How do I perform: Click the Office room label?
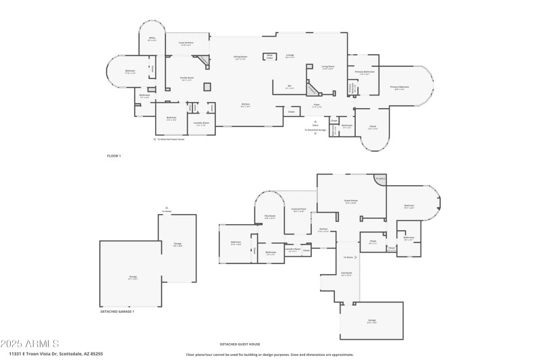152,38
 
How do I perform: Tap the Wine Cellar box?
269,57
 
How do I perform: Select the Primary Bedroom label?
399,88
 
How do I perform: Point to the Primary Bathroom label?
365,72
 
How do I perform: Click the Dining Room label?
240,58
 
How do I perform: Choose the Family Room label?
186,78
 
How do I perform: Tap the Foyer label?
317,105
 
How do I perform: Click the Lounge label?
290,57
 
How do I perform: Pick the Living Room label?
328,67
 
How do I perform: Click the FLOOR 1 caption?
114,156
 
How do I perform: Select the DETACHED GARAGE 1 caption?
117,311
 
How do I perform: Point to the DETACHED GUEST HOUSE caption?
240,344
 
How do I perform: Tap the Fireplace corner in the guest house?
380,179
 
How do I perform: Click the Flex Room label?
270,217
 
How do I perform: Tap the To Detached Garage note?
315,129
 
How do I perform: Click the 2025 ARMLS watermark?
30,344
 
